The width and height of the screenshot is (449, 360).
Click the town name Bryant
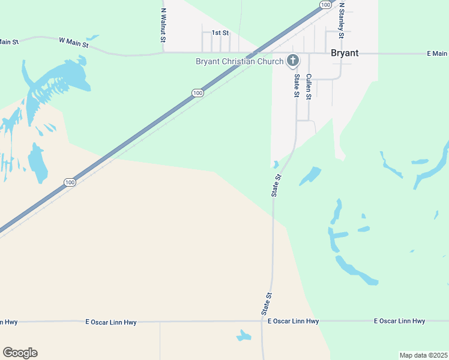[x=345, y=53]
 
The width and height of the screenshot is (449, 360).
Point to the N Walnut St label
[x=163, y=25]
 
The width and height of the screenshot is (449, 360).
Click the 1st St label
[x=220, y=32]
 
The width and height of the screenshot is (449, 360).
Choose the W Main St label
[x=74, y=42]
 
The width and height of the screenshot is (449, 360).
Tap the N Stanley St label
[x=341, y=20]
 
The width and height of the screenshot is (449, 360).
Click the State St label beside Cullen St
[x=296, y=85]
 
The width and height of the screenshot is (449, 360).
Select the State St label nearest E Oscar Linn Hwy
[x=267, y=304]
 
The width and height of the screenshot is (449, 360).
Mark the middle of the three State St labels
[x=276, y=185]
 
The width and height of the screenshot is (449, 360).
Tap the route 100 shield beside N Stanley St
[x=325, y=5]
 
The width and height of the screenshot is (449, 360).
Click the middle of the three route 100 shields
[x=197, y=92]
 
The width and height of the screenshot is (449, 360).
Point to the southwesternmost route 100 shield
[x=70, y=182]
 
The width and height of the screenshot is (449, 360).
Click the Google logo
[x=20, y=353]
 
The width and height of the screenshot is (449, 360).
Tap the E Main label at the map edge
[x=437, y=53]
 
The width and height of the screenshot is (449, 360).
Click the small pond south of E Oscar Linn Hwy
[x=244, y=335]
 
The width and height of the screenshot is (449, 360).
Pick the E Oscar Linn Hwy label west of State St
[x=111, y=322]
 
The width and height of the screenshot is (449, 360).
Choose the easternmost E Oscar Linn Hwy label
[x=399, y=321]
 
